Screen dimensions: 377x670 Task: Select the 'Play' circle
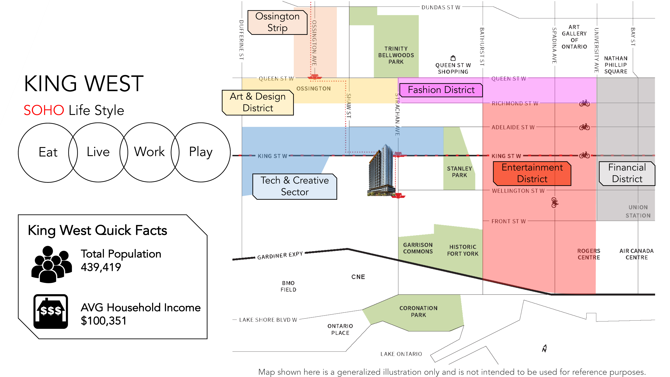(x=201, y=152)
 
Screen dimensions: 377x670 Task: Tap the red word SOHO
(x=44, y=110)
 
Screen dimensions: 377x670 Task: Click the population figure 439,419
(x=101, y=267)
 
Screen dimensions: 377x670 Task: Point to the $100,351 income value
(x=104, y=321)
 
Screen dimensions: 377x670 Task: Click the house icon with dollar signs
(x=51, y=311)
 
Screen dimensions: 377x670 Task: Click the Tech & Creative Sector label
(x=295, y=186)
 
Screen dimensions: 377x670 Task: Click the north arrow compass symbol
(x=544, y=348)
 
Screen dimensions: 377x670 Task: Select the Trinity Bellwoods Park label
(x=396, y=55)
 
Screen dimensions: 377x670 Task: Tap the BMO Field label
(x=288, y=286)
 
